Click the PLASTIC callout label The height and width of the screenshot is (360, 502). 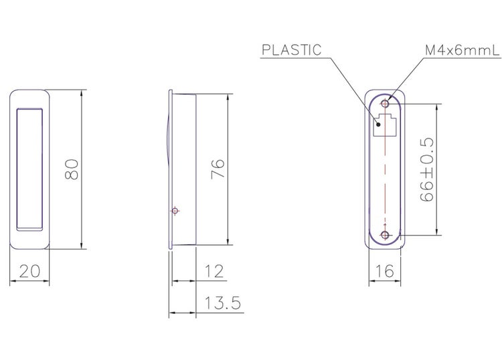[291, 50]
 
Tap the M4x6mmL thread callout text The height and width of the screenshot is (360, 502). [462, 50]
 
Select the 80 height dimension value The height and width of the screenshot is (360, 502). [72, 169]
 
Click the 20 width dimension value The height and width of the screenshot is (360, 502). [29, 271]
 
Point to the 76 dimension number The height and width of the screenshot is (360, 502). [218, 169]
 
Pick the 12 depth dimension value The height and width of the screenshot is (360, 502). [214, 272]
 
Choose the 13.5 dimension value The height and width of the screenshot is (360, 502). [222, 302]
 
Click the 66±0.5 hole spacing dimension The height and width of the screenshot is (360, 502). [427, 169]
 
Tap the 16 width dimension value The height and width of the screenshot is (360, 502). [384, 272]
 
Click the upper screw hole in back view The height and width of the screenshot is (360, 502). [385, 104]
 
